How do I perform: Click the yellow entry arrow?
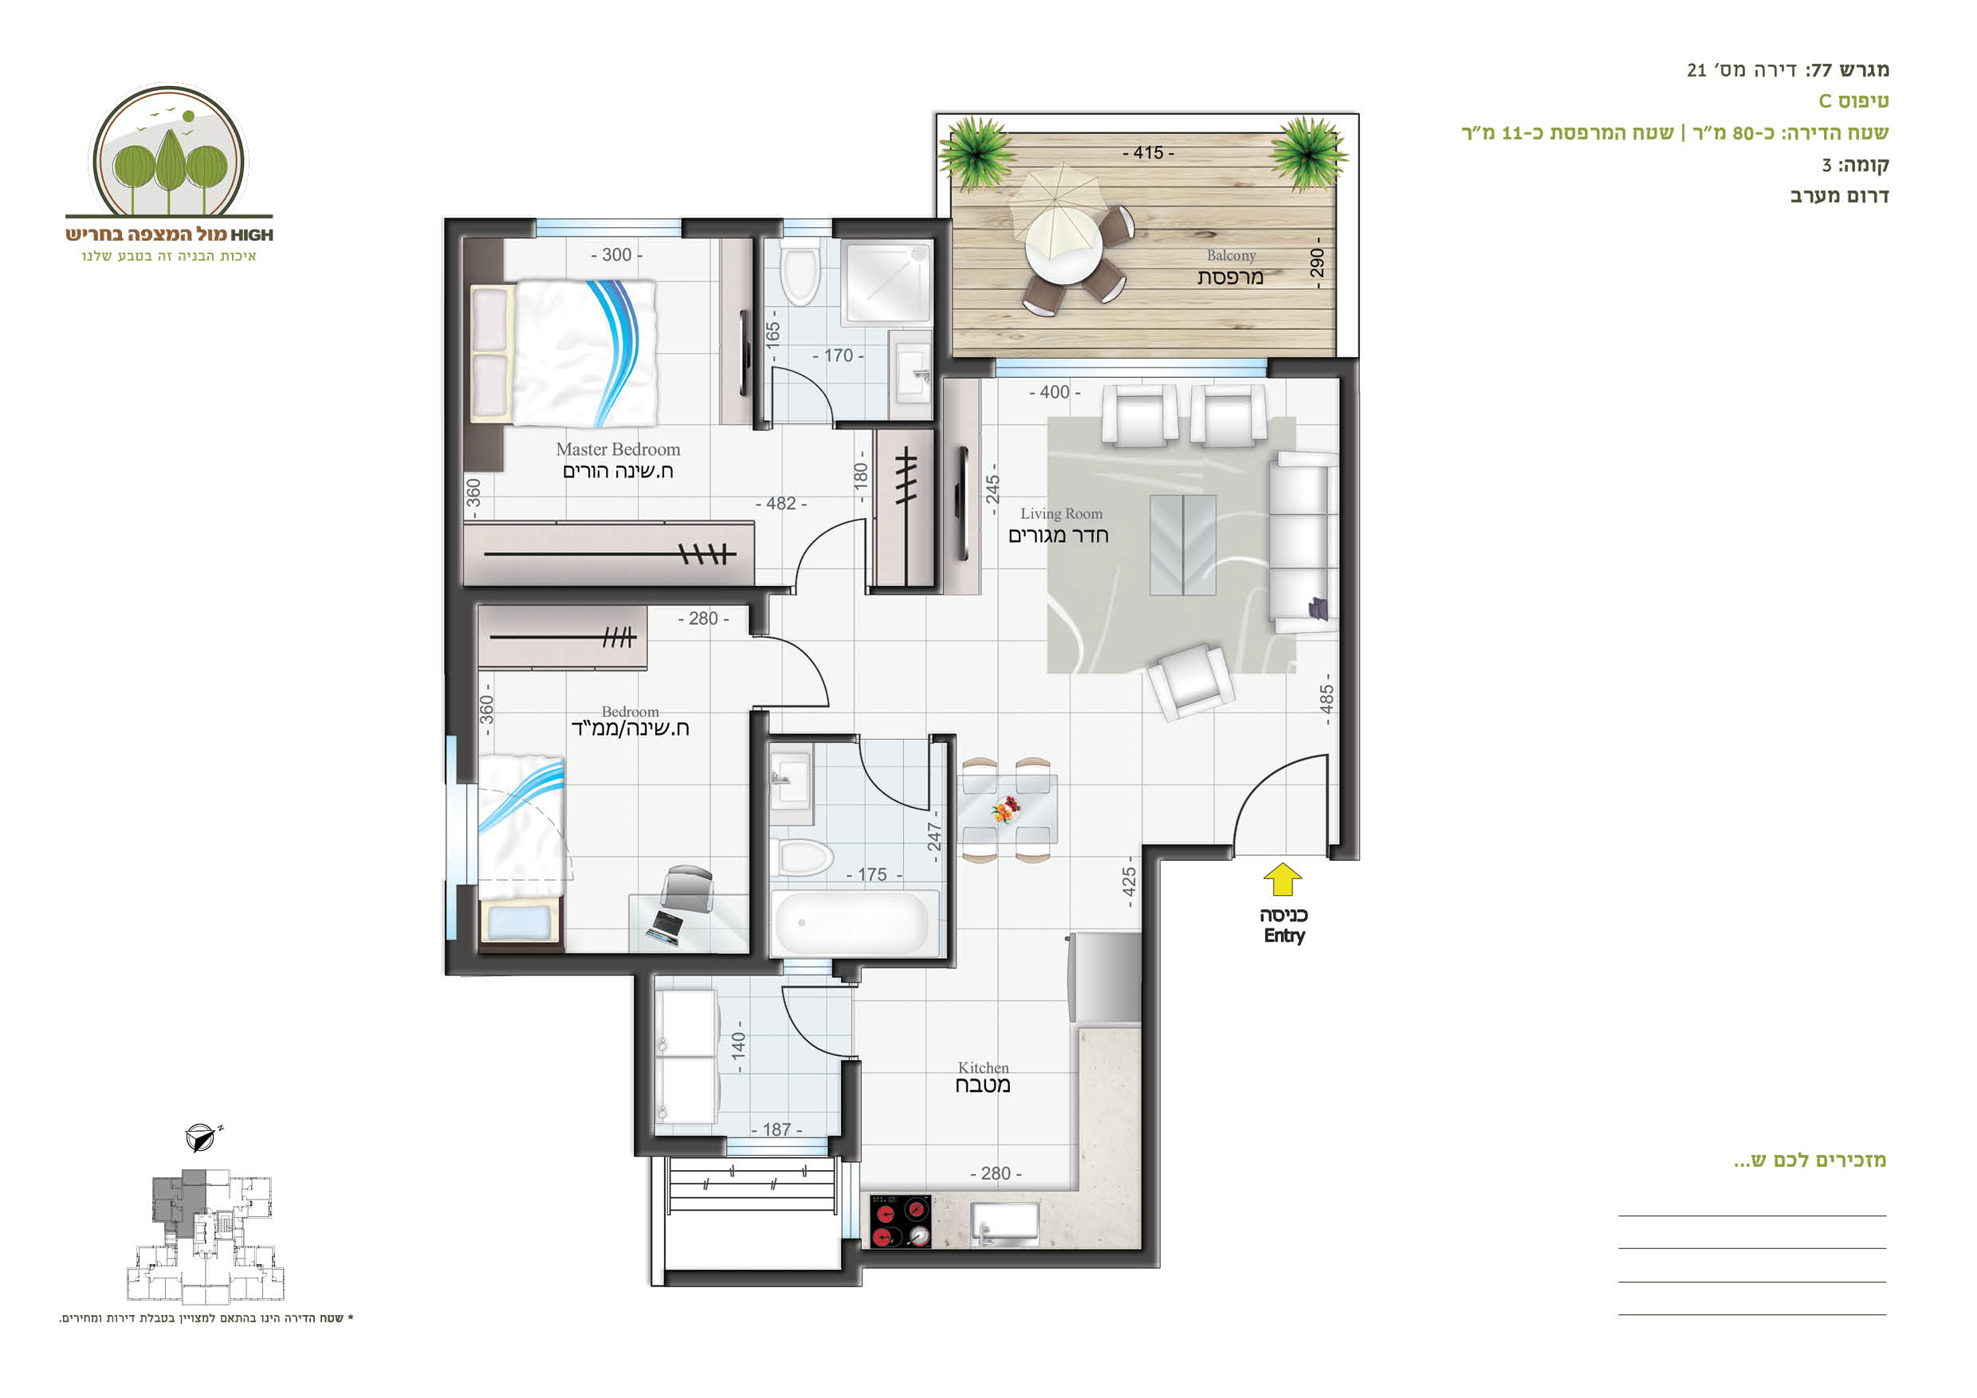pos(1282,880)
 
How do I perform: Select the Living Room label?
pos(1061,514)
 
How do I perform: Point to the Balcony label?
pos(1231,256)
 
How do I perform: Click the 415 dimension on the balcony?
pos(1148,152)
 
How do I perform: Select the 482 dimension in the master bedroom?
pos(781,504)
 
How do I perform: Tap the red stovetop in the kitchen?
pos(900,1221)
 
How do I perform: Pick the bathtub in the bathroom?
pos(851,924)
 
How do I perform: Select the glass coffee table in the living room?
pos(1182,544)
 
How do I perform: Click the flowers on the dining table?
pos(1005,809)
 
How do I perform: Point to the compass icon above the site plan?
pos(202,1137)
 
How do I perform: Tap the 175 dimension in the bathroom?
pos(872,874)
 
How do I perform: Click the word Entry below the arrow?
pos(1283,936)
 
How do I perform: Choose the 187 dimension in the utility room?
pos(776,1129)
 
